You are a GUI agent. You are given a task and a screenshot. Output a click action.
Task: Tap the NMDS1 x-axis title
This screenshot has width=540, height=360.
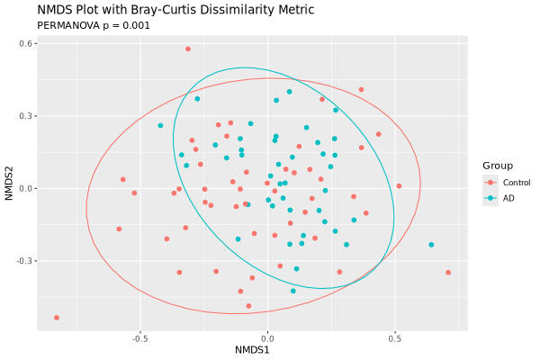[x=253, y=348]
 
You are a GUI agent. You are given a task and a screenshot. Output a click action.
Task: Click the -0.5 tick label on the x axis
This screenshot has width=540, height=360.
[x=139, y=339]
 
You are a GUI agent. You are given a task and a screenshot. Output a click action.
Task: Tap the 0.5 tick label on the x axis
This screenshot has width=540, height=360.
[x=395, y=339]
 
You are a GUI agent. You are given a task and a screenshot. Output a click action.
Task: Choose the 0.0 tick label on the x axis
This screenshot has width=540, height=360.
[x=267, y=339]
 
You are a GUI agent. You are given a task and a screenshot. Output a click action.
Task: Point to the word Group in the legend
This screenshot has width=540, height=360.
[x=498, y=166]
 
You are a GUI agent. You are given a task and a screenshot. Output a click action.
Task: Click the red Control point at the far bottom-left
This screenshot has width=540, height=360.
[x=57, y=318]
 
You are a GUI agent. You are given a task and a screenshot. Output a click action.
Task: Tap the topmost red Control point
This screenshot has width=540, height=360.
[x=188, y=49]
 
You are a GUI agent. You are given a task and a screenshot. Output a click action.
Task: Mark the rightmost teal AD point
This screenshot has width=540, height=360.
[x=431, y=245]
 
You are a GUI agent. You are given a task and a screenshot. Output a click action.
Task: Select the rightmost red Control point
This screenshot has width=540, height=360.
[x=448, y=273]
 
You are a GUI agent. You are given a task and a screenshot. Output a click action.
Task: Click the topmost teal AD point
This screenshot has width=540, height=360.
[x=289, y=92]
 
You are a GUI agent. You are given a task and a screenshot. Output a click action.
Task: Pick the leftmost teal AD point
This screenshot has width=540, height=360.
[x=160, y=126]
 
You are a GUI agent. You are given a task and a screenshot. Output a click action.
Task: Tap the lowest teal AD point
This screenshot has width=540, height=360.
[x=293, y=291]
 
